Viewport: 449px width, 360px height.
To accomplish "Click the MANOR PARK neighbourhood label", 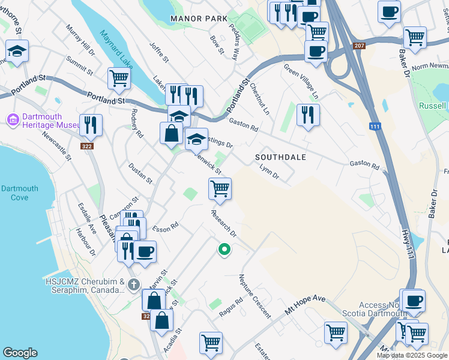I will (199, 19).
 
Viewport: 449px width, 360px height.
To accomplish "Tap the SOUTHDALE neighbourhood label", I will (281, 157).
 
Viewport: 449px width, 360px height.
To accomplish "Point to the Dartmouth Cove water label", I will (19, 193).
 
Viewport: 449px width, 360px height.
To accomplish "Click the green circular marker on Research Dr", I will (224, 249).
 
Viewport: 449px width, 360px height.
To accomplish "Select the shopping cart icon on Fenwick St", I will (220, 189).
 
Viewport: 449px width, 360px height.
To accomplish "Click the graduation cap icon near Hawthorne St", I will (17, 52).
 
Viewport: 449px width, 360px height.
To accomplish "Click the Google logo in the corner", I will (20, 353).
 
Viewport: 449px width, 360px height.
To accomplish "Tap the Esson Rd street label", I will (166, 227).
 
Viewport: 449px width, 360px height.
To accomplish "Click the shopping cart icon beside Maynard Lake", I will (119, 78).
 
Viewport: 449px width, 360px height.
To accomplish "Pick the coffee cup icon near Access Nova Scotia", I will (412, 301).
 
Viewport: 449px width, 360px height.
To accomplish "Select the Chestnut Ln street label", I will (260, 98).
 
